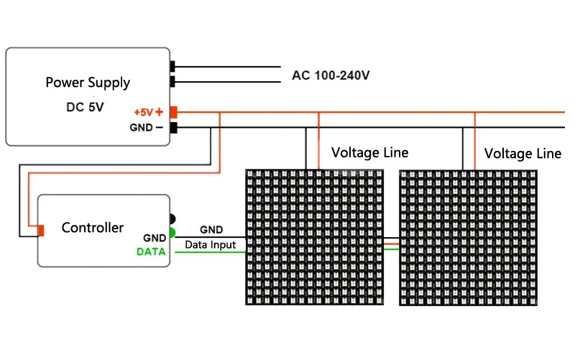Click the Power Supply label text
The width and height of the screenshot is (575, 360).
[x=88, y=83]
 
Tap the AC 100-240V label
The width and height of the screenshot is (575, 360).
[x=331, y=75]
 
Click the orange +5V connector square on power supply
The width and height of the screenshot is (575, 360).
[x=173, y=113]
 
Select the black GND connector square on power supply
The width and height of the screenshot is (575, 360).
[x=173, y=129]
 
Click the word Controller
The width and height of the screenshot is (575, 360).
[x=93, y=228]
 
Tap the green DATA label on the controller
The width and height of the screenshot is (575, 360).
[x=151, y=251]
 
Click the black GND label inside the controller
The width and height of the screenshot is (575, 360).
[x=155, y=238]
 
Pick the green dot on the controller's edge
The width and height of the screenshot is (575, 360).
[x=172, y=232]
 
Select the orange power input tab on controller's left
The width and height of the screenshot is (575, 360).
[x=41, y=230]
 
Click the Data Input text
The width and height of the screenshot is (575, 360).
[x=210, y=245]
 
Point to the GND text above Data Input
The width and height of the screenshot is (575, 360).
[x=211, y=230]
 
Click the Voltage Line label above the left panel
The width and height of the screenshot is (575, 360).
[x=369, y=152]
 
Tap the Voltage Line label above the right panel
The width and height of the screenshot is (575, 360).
[x=523, y=154]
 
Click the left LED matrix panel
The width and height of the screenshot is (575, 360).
[x=313, y=237]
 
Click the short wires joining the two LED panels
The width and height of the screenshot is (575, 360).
[x=390, y=246]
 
